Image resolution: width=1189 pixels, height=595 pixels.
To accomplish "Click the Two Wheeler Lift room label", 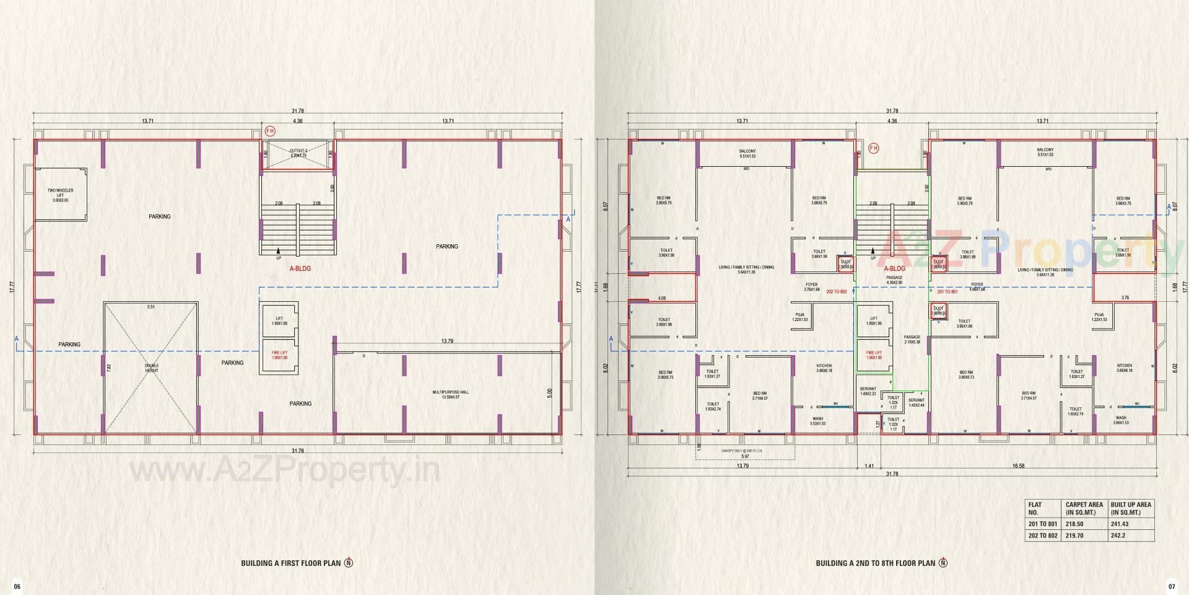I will [x=61, y=195].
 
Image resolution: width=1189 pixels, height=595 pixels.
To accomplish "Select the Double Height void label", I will [x=152, y=368].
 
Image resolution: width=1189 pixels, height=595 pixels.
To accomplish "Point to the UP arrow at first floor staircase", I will [x=279, y=255].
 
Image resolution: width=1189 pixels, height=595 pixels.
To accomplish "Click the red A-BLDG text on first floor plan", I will [x=300, y=269].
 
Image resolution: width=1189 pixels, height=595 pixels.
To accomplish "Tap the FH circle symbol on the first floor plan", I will [x=269, y=131].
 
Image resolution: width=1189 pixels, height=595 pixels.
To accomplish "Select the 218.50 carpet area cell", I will [x=1075, y=524].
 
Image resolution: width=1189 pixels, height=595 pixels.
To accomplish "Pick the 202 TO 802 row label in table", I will [x=1043, y=535].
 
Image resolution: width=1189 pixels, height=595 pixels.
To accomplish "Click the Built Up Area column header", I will [x=1131, y=508].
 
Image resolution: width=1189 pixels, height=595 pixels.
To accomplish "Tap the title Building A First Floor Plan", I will [x=290, y=563].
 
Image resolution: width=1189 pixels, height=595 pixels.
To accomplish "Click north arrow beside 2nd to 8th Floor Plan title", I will [x=943, y=563].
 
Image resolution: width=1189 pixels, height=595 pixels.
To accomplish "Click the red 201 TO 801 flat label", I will [x=947, y=291].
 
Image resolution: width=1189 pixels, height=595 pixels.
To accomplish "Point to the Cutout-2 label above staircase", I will [x=298, y=153].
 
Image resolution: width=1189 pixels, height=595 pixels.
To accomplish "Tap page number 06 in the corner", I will [x=17, y=586].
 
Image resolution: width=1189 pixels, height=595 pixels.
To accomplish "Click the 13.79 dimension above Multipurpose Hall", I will [x=446, y=342].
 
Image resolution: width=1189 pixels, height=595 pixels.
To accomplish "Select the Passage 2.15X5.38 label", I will [x=912, y=340].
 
